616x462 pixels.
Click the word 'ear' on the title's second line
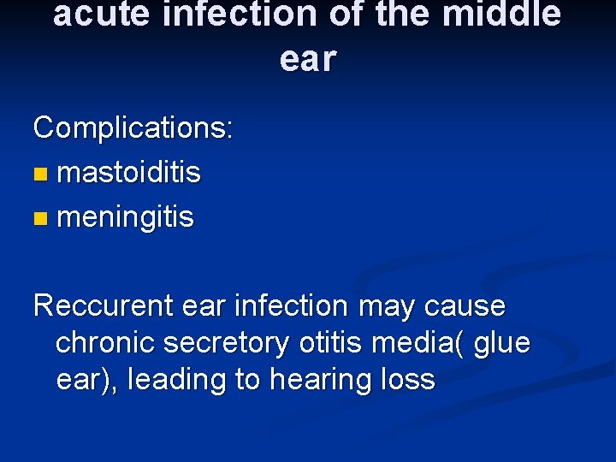click(x=308, y=58)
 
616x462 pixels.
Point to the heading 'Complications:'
click(x=133, y=128)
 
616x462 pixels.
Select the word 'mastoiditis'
click(x=128, y=173)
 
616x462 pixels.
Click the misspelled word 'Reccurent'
click(x=105, y=305)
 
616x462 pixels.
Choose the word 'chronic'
click(x=106, y=342)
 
